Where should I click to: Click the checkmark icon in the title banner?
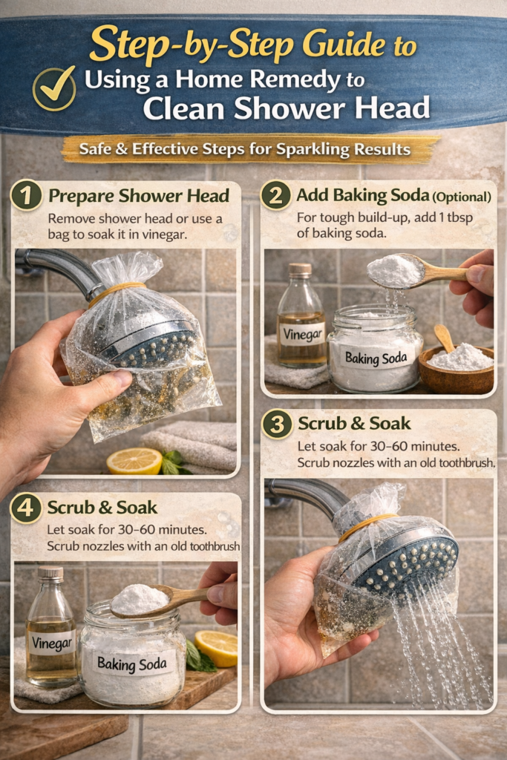coord(54,88)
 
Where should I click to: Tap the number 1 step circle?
coord(26,197)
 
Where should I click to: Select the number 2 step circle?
coord(275,196)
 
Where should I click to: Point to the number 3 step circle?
coord(277,424)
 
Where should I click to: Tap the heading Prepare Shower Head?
coord(139,197)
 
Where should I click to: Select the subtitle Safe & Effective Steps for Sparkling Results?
coord(248,150)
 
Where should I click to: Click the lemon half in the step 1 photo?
coord(134,461)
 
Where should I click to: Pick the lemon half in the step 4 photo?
coord(217,647)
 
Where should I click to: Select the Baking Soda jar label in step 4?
coord(131,662)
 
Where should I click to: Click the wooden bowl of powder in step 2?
coord(457,370)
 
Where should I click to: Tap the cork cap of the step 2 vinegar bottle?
coord(301,271)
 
